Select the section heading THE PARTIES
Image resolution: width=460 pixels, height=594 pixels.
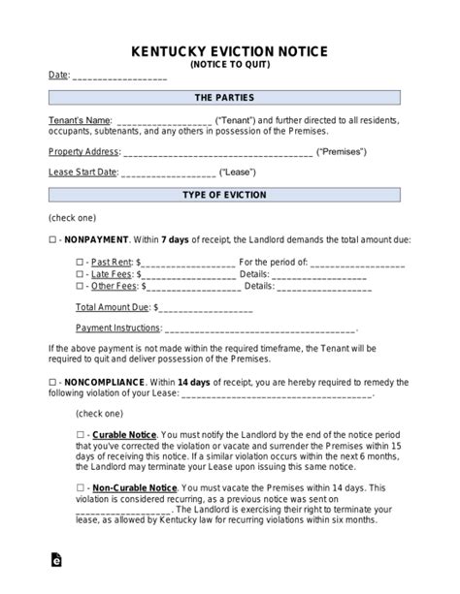[x=230, y=99]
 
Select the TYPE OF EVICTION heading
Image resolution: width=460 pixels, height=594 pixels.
[x=230, y=196]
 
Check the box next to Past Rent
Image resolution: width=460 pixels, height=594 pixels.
[x=80, y=262]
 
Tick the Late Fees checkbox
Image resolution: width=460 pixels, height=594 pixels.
[x=80, y=274]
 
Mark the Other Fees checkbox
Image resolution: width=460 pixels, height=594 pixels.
[x=80, y=286]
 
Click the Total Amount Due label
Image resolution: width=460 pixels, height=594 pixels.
[x=112, y=307]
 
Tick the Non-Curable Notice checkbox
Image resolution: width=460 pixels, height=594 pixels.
[x=80, y=487]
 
